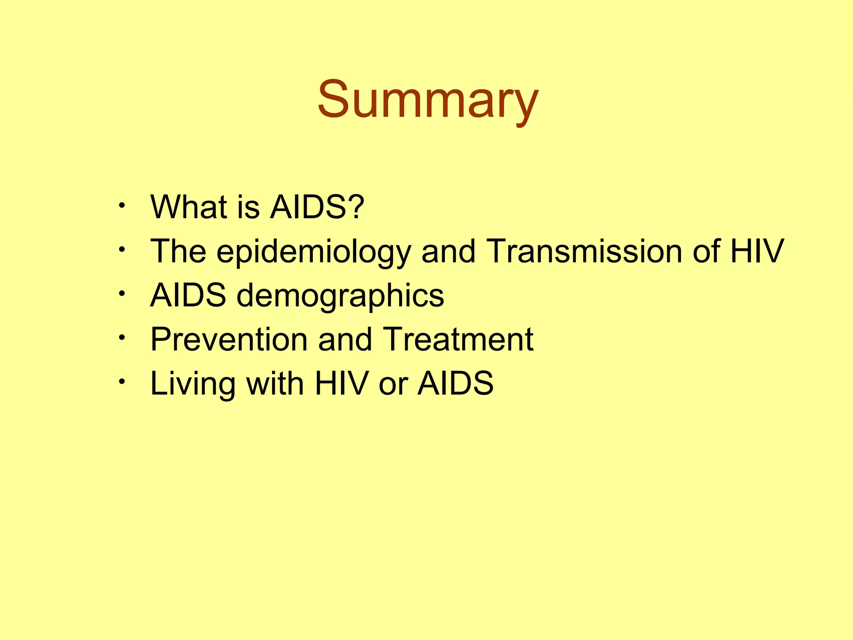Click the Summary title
click(x=428, y=100)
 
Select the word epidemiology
click(x=314, y=252)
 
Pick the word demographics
click(x=340, y=296)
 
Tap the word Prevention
click(x=229, y=339)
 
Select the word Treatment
click(x=458, y=339)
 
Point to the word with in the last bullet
click(x=275, y=383)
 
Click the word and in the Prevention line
click(x=345, y=339)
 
